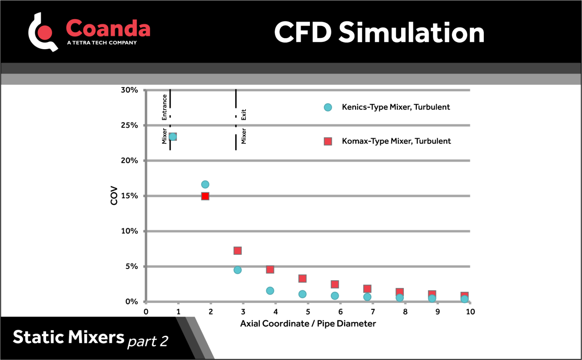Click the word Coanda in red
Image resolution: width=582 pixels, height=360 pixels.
tap(108, 28)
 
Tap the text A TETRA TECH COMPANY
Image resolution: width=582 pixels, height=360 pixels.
tap(102, 43)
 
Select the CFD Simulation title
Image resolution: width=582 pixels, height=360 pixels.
tap(379, 32)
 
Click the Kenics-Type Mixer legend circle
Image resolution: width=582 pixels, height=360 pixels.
tap(328, 107)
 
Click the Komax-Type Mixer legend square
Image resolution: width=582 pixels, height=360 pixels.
tap(328, 141)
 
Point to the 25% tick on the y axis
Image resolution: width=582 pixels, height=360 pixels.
tap(129, 125)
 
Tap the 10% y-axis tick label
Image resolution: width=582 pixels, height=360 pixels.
tap(129, 231)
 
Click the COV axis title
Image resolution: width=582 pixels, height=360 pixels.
tap(114, 195)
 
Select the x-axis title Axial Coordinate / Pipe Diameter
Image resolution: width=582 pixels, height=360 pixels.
tap(308, 324)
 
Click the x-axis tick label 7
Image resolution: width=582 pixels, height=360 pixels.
tap(373, 312)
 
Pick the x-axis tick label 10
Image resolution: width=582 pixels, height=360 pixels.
tap(470, 312)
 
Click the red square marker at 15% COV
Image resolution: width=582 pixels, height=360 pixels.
tap(205, 196)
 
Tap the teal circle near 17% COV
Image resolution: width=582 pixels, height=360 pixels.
tap(205, 185)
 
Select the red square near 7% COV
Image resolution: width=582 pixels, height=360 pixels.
tap(238, 251)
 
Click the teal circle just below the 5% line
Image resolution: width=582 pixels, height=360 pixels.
tap(238, 270)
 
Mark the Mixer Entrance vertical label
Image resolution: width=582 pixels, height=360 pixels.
tap(164, 119)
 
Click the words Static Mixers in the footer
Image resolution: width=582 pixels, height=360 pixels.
tap(68, 337)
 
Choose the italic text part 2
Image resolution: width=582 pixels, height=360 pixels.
tap(148, 341)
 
